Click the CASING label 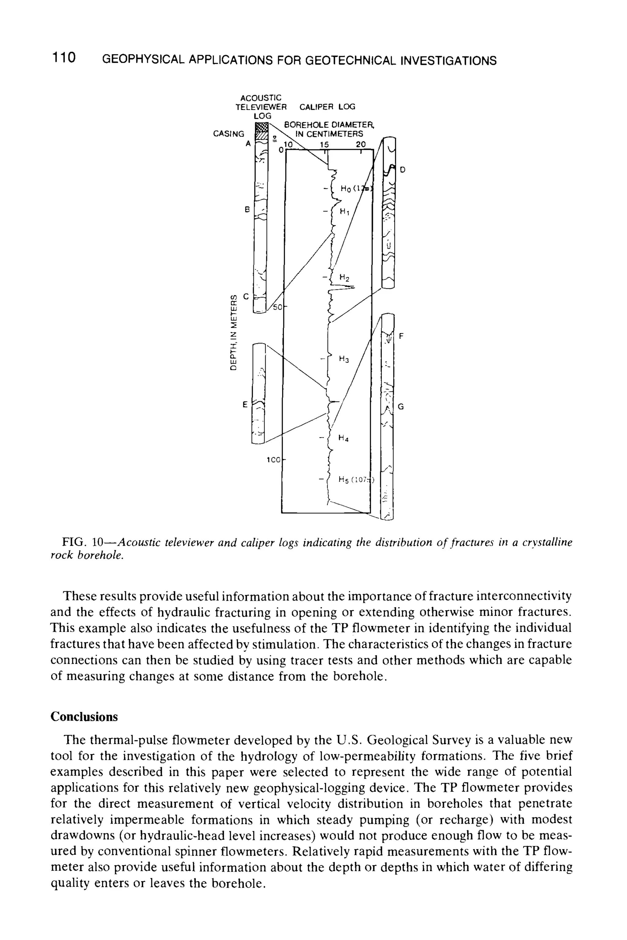click(228, 134)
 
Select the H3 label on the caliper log click(344, 359)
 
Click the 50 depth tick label click(277, 307)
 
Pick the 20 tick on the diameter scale click(360, 144)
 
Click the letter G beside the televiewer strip click(401, 407)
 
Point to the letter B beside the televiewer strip click(247, 209)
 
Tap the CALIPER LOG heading click(327, 107)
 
